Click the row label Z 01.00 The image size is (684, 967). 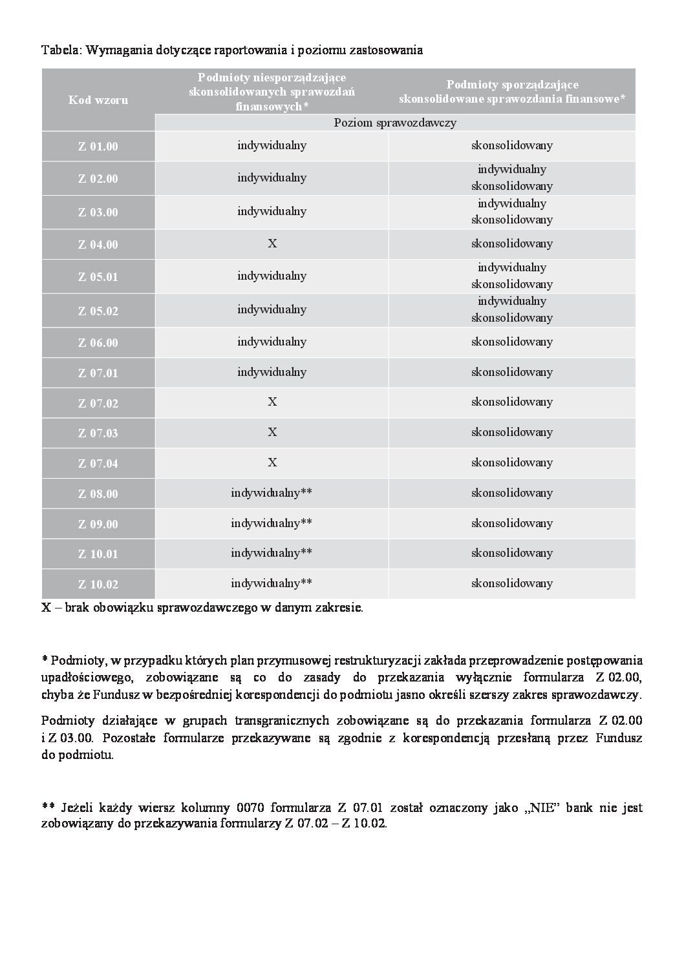click(98, 147)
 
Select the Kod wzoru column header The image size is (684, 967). click(98, 100)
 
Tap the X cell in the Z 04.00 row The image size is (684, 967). click(272, 244)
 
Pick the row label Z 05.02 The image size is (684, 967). click(98, 311)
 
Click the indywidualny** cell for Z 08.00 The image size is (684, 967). click(272, 493)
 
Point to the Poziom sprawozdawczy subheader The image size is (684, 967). click(395, 123)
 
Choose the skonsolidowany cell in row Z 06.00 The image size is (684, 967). click(511, 341)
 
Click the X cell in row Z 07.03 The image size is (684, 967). click(272, 432)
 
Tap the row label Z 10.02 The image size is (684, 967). click(98, 585)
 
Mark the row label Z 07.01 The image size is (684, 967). click(98, 373)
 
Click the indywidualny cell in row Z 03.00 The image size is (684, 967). click(272, 211)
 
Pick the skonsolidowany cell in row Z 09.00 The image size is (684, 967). click(511, 523)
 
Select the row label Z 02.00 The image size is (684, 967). click(98, 179)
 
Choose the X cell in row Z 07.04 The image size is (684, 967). click(272, 462)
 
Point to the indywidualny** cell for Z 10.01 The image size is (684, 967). click(272, 553)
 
